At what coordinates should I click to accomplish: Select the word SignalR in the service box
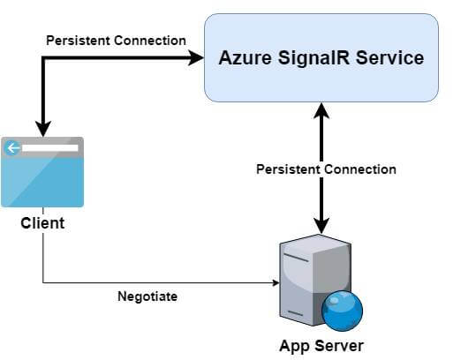pyautogui.click(x=311, y=59)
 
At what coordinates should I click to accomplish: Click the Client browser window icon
pyautogui.click(x=42, y=172)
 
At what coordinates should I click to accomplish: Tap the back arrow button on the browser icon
pyautogui.click(x=12, y=147)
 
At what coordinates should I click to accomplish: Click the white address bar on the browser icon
pyautogui.click(x=49, y=147)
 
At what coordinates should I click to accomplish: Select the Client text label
pyautogui.click(x=42, y=222)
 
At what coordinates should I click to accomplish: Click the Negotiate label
pyautogui.click(x=147, y=296)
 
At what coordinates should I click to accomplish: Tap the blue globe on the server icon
pyautogui.click(x=343, y=310)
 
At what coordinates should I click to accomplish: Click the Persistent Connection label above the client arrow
pyautogui.click(x=116, y=40)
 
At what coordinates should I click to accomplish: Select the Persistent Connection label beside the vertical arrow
pyautogui.click(x=326, y=169)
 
